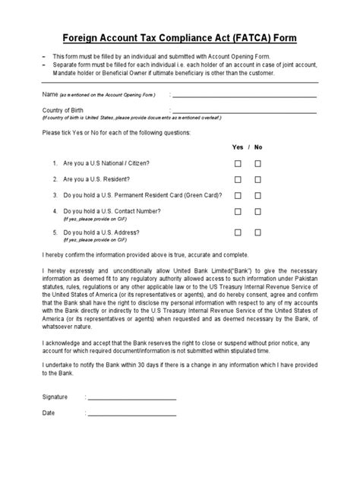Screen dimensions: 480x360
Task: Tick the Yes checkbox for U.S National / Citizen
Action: (238, 163)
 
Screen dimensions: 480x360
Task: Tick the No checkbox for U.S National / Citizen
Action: (258, 163)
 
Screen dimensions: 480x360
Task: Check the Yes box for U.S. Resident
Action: (238, 179)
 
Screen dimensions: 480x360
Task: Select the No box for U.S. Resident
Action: (258, 179)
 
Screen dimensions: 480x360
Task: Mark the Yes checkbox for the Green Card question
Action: (238, 195)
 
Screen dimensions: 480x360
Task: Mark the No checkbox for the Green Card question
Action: (258, 195)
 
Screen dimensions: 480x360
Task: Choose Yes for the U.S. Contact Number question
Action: (238, 212)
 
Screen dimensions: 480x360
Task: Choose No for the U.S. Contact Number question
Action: (258, 212)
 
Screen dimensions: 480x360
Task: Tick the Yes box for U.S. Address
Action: (238, 232)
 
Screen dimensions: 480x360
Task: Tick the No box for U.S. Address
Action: (258, 232)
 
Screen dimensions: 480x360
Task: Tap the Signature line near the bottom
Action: (133, 398)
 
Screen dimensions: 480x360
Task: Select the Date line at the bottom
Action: (133, 415)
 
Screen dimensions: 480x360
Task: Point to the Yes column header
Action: (237, 147)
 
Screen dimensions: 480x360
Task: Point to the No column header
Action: (258, 147)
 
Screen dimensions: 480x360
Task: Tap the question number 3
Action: (55, 195)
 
